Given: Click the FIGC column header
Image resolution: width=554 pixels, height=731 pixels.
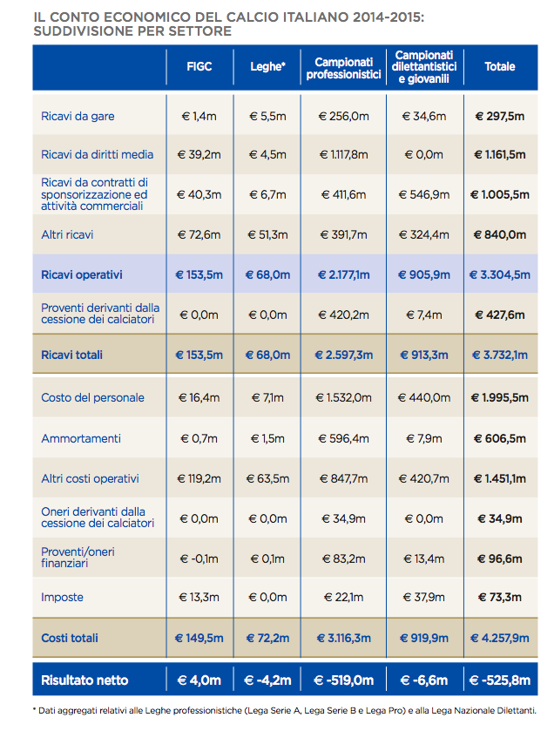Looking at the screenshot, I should tap(199, 66).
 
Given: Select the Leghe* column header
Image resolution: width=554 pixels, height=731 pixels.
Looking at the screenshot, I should tap(267, 66).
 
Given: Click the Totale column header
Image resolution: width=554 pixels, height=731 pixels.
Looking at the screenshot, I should tap(500, 66).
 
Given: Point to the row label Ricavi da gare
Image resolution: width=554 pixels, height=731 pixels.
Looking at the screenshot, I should tap(78, 116).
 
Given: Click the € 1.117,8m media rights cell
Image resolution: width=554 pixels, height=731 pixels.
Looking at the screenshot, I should tap(344, 154).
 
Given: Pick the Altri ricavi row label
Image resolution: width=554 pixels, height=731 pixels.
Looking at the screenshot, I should tap(67, 234).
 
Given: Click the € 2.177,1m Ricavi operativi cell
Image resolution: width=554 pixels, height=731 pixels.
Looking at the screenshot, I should tap(344, 274).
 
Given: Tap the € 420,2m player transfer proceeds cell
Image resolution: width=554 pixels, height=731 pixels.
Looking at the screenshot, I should tap(344, 315).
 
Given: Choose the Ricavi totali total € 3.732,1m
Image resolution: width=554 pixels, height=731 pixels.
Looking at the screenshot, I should tap(500, 355).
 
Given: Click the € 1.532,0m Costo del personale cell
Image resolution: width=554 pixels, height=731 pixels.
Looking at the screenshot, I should tap(344, 397).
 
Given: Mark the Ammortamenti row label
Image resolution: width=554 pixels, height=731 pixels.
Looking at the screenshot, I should tap(81, 438).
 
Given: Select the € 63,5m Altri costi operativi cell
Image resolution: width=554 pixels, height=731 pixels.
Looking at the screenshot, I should tap(267, 478).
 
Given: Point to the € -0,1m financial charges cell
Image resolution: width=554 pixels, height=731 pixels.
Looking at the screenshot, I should tap(199, 558).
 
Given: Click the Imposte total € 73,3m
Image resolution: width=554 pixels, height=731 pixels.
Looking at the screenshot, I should tap(500, 597).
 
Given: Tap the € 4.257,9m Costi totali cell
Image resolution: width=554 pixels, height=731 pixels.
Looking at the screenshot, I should tap(500, 639).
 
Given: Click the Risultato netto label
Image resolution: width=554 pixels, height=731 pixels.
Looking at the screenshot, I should tap(84, 680).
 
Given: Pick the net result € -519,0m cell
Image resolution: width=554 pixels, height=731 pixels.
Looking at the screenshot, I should tap(344, 680).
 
